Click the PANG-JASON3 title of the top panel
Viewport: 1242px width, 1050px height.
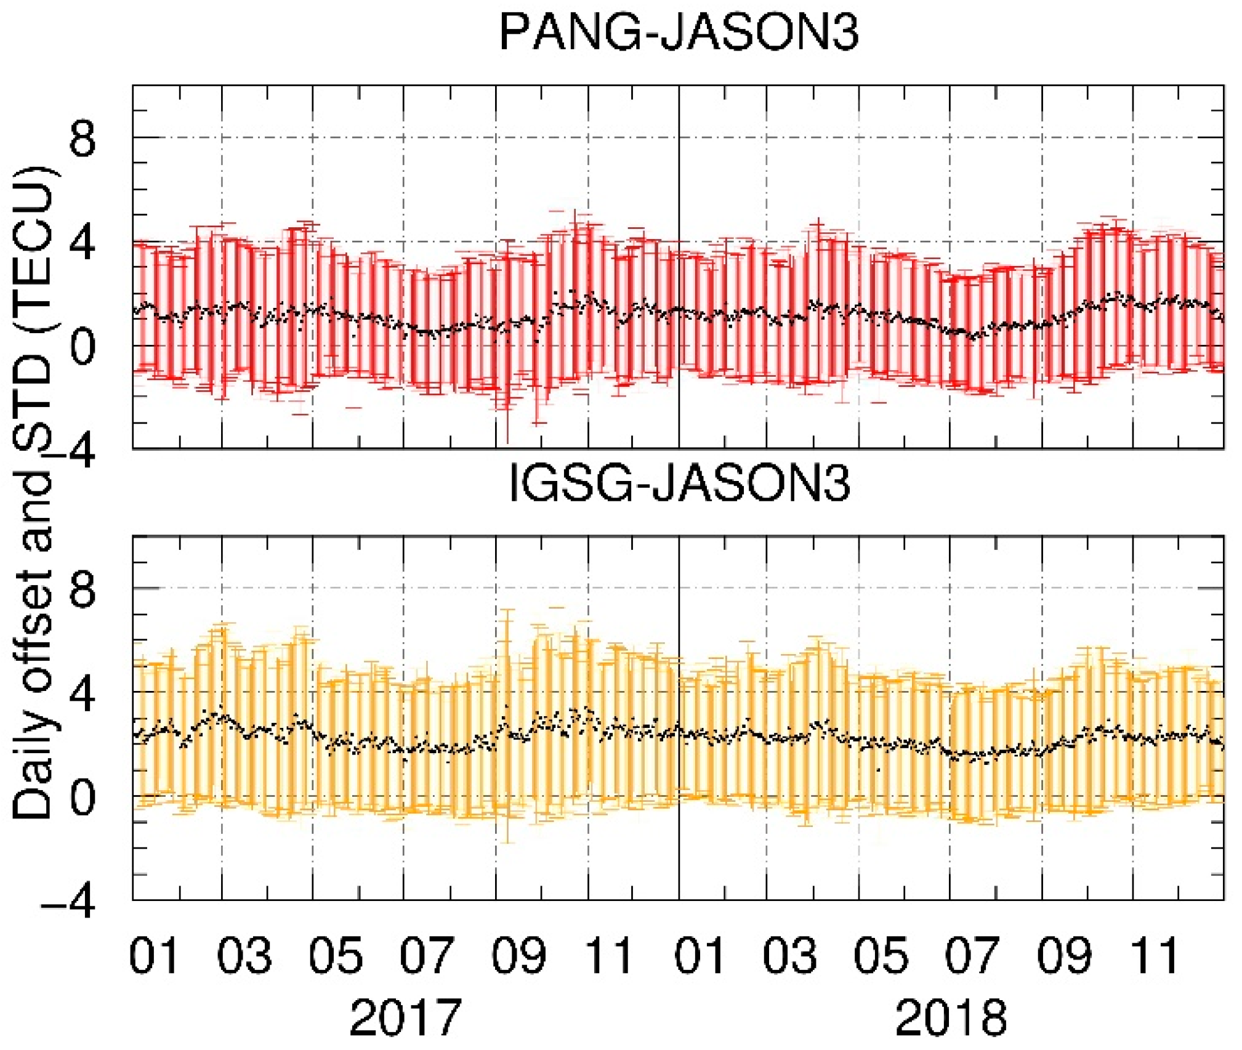678,32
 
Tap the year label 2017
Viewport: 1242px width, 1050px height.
405,1017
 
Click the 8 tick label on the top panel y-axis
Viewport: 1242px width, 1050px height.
82,140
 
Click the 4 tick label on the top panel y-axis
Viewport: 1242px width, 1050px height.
82,244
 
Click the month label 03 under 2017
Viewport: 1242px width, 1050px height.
244,956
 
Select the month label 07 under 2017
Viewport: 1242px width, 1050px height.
426,956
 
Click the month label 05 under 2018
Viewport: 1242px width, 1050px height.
881,956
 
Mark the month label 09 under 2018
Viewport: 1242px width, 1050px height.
1064,956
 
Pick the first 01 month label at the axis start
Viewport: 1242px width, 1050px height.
154,956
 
